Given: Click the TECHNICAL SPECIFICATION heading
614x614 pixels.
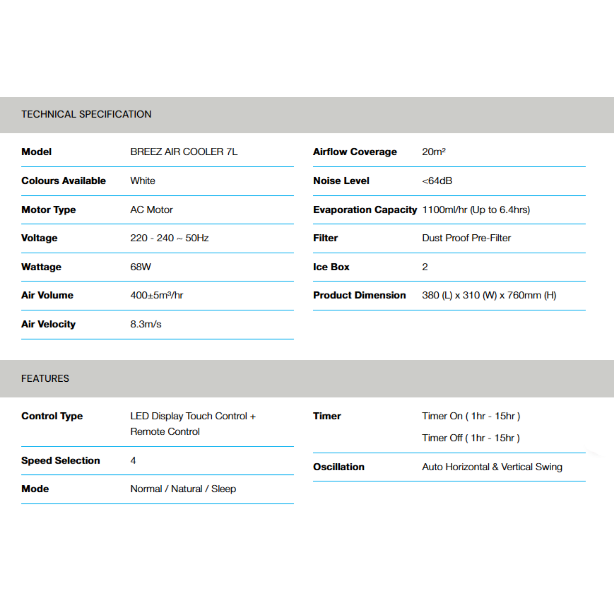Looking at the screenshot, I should tap(86, 114).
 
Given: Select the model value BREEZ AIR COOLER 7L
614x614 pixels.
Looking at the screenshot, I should tap(184, 152).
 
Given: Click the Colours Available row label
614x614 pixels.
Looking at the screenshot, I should tap(63, 180).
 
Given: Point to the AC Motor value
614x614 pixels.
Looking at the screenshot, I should tap(151, 210).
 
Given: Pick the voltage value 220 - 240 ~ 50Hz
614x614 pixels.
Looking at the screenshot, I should tap(169, 238).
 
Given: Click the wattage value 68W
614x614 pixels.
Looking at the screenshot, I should tap(141, 267).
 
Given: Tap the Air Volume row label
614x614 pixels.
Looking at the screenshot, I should tap(47, 295).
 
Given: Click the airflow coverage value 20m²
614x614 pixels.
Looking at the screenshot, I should tap(434, 152).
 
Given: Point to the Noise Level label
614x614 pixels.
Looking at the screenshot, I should tap(341, 180).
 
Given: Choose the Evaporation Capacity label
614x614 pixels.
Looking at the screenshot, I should tap(365, 210).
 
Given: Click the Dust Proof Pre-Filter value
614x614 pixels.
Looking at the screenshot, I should tap(466, 238).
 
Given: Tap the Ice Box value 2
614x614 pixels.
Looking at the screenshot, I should tap(425, 267).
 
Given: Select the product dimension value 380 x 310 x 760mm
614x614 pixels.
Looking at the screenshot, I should tap(489, 295).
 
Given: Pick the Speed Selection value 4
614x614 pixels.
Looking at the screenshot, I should tap(133, 460).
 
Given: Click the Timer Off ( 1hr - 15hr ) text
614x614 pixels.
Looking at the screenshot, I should tap(471, 438).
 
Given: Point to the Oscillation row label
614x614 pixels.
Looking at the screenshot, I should tap(338, 466).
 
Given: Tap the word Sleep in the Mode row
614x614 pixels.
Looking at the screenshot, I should tap(223, 488).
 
